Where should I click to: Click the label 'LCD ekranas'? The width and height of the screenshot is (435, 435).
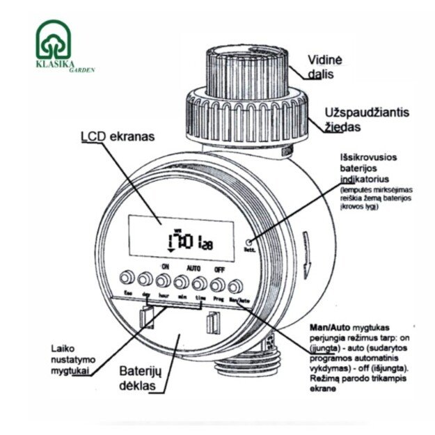(122, 136)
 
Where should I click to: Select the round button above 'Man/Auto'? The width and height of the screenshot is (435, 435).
(235, 283)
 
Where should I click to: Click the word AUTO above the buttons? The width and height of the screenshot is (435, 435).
(193, 266)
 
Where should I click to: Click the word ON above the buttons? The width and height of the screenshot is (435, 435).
(165, 266)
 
